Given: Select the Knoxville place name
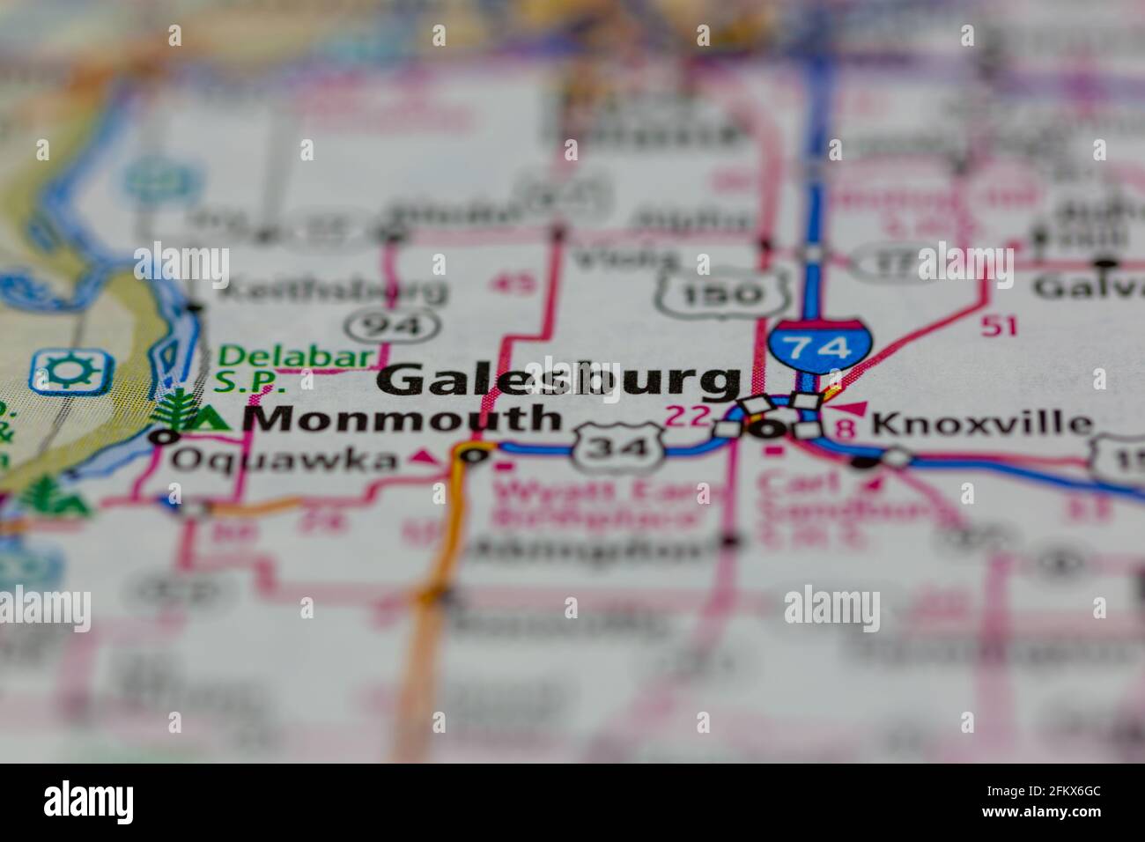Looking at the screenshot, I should coord(980,425).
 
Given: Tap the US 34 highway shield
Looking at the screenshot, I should coord(617,447).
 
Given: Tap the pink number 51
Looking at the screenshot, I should coord(1000,326).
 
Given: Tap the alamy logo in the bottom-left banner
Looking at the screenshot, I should coord(89,802).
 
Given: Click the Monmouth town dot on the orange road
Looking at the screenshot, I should coord(475,455).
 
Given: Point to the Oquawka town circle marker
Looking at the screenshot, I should coord(162,435).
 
